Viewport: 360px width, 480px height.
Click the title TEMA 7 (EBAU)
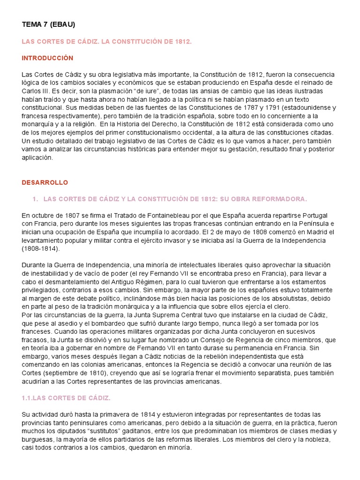[48, 24]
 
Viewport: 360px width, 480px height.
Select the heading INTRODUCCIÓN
[48, 58]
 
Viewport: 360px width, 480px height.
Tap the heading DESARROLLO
[45, 182]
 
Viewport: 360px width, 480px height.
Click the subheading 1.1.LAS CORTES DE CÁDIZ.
[66, 398]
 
